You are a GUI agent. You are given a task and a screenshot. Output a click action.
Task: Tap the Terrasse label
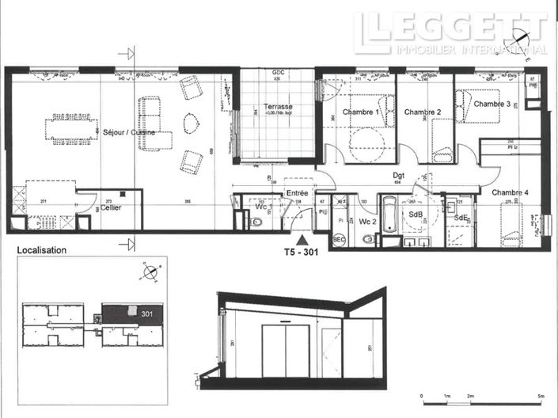(x=278, y=106)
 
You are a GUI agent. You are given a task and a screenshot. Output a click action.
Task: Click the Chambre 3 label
(x=492, y=104)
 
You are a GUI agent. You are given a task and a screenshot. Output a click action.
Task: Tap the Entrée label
(x=298, y=192)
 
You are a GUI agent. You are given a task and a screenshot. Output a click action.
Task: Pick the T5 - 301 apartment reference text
(x=304, y=254)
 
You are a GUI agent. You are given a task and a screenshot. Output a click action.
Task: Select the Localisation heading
(x=41, y=250)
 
